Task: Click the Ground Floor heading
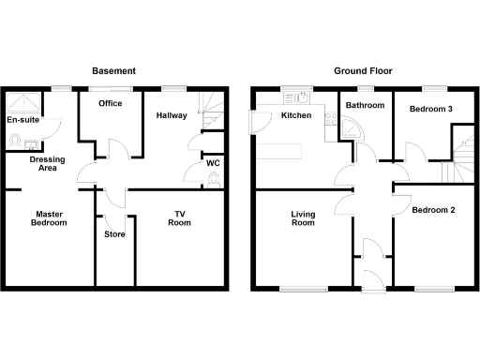pos(363,70)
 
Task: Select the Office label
pos(112,104)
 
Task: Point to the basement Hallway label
pos(172,115)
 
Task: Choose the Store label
pos(114,234)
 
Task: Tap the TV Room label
pos(178,217)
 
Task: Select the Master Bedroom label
pos(49,217)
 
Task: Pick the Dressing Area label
pos(47,164)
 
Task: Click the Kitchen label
pos(296,115)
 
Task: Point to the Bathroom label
pos(365,105)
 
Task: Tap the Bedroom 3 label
pos(431,109)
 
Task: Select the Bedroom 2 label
pos(433,210)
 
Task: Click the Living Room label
pos(302,218)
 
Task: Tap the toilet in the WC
pos(216,178)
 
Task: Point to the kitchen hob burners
pos(329,119)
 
